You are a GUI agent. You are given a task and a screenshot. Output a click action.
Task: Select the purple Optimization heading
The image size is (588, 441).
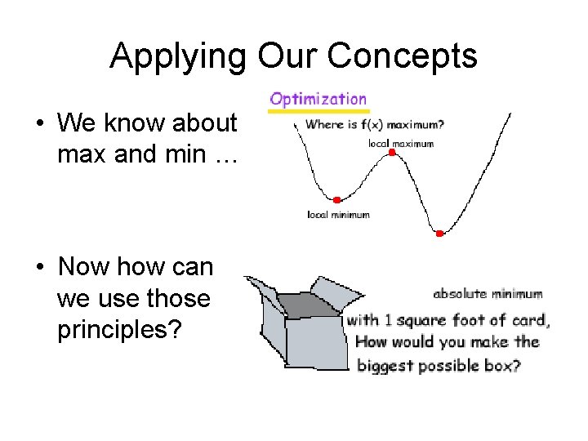click(x=318, y=100)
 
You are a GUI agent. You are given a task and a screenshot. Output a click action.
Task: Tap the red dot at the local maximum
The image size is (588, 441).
click(x=392, y=153)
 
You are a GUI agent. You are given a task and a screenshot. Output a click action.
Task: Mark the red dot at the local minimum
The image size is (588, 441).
click(x=336, y=199)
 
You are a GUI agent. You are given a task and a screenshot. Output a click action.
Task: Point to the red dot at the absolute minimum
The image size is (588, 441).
click(x=439, y=234)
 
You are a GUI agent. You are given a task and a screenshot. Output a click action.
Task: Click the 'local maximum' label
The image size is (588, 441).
click(x=400, y=143)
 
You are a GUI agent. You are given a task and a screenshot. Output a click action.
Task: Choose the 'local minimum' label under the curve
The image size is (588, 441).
click(x=338, y=215)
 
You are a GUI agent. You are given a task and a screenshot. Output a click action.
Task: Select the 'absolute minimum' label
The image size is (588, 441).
click(x=488, y=293)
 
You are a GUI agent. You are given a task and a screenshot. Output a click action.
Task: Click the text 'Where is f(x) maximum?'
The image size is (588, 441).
click(x=375, y=125)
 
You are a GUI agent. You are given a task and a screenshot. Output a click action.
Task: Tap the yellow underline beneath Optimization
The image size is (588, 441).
click(x=319, y=111)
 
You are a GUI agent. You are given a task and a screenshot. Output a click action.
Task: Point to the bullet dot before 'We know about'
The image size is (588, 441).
click(x=39, y=124)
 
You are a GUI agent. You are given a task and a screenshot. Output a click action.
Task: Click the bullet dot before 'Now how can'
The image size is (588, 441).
click(x=39, y=267)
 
